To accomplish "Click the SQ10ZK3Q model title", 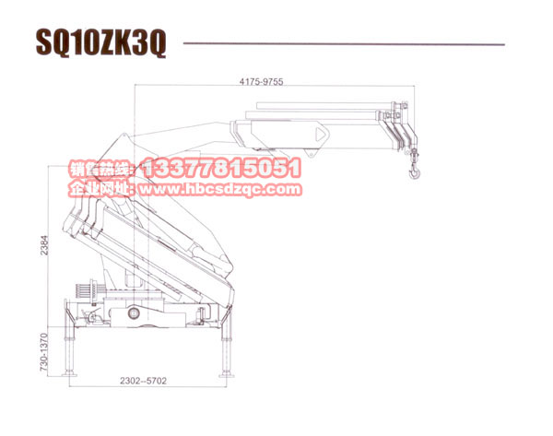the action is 100,42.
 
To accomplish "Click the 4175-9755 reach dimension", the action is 262,82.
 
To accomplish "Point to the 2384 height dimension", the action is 44,245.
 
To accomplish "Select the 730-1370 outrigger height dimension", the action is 43,352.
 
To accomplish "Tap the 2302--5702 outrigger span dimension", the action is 143,381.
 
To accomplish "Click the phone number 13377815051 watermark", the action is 221,168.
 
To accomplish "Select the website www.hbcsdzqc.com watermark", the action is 221,190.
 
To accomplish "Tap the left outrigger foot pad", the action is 69,373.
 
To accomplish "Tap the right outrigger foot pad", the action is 226,374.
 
